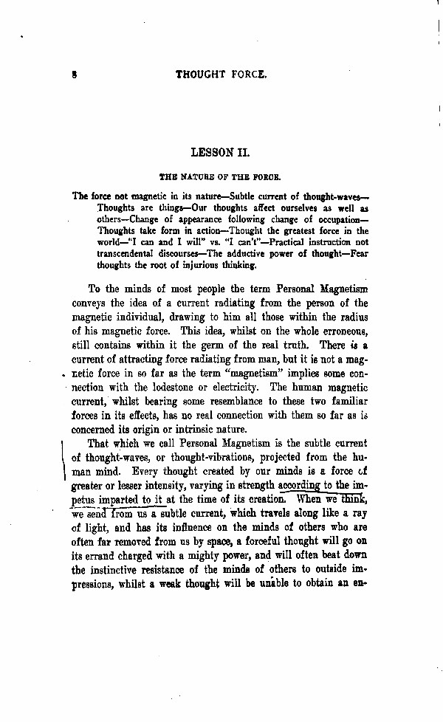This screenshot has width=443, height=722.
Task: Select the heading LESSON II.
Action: [221, 154]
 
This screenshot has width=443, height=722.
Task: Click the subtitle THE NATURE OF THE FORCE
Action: [221, 177]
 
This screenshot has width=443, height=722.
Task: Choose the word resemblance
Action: [229, 401]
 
